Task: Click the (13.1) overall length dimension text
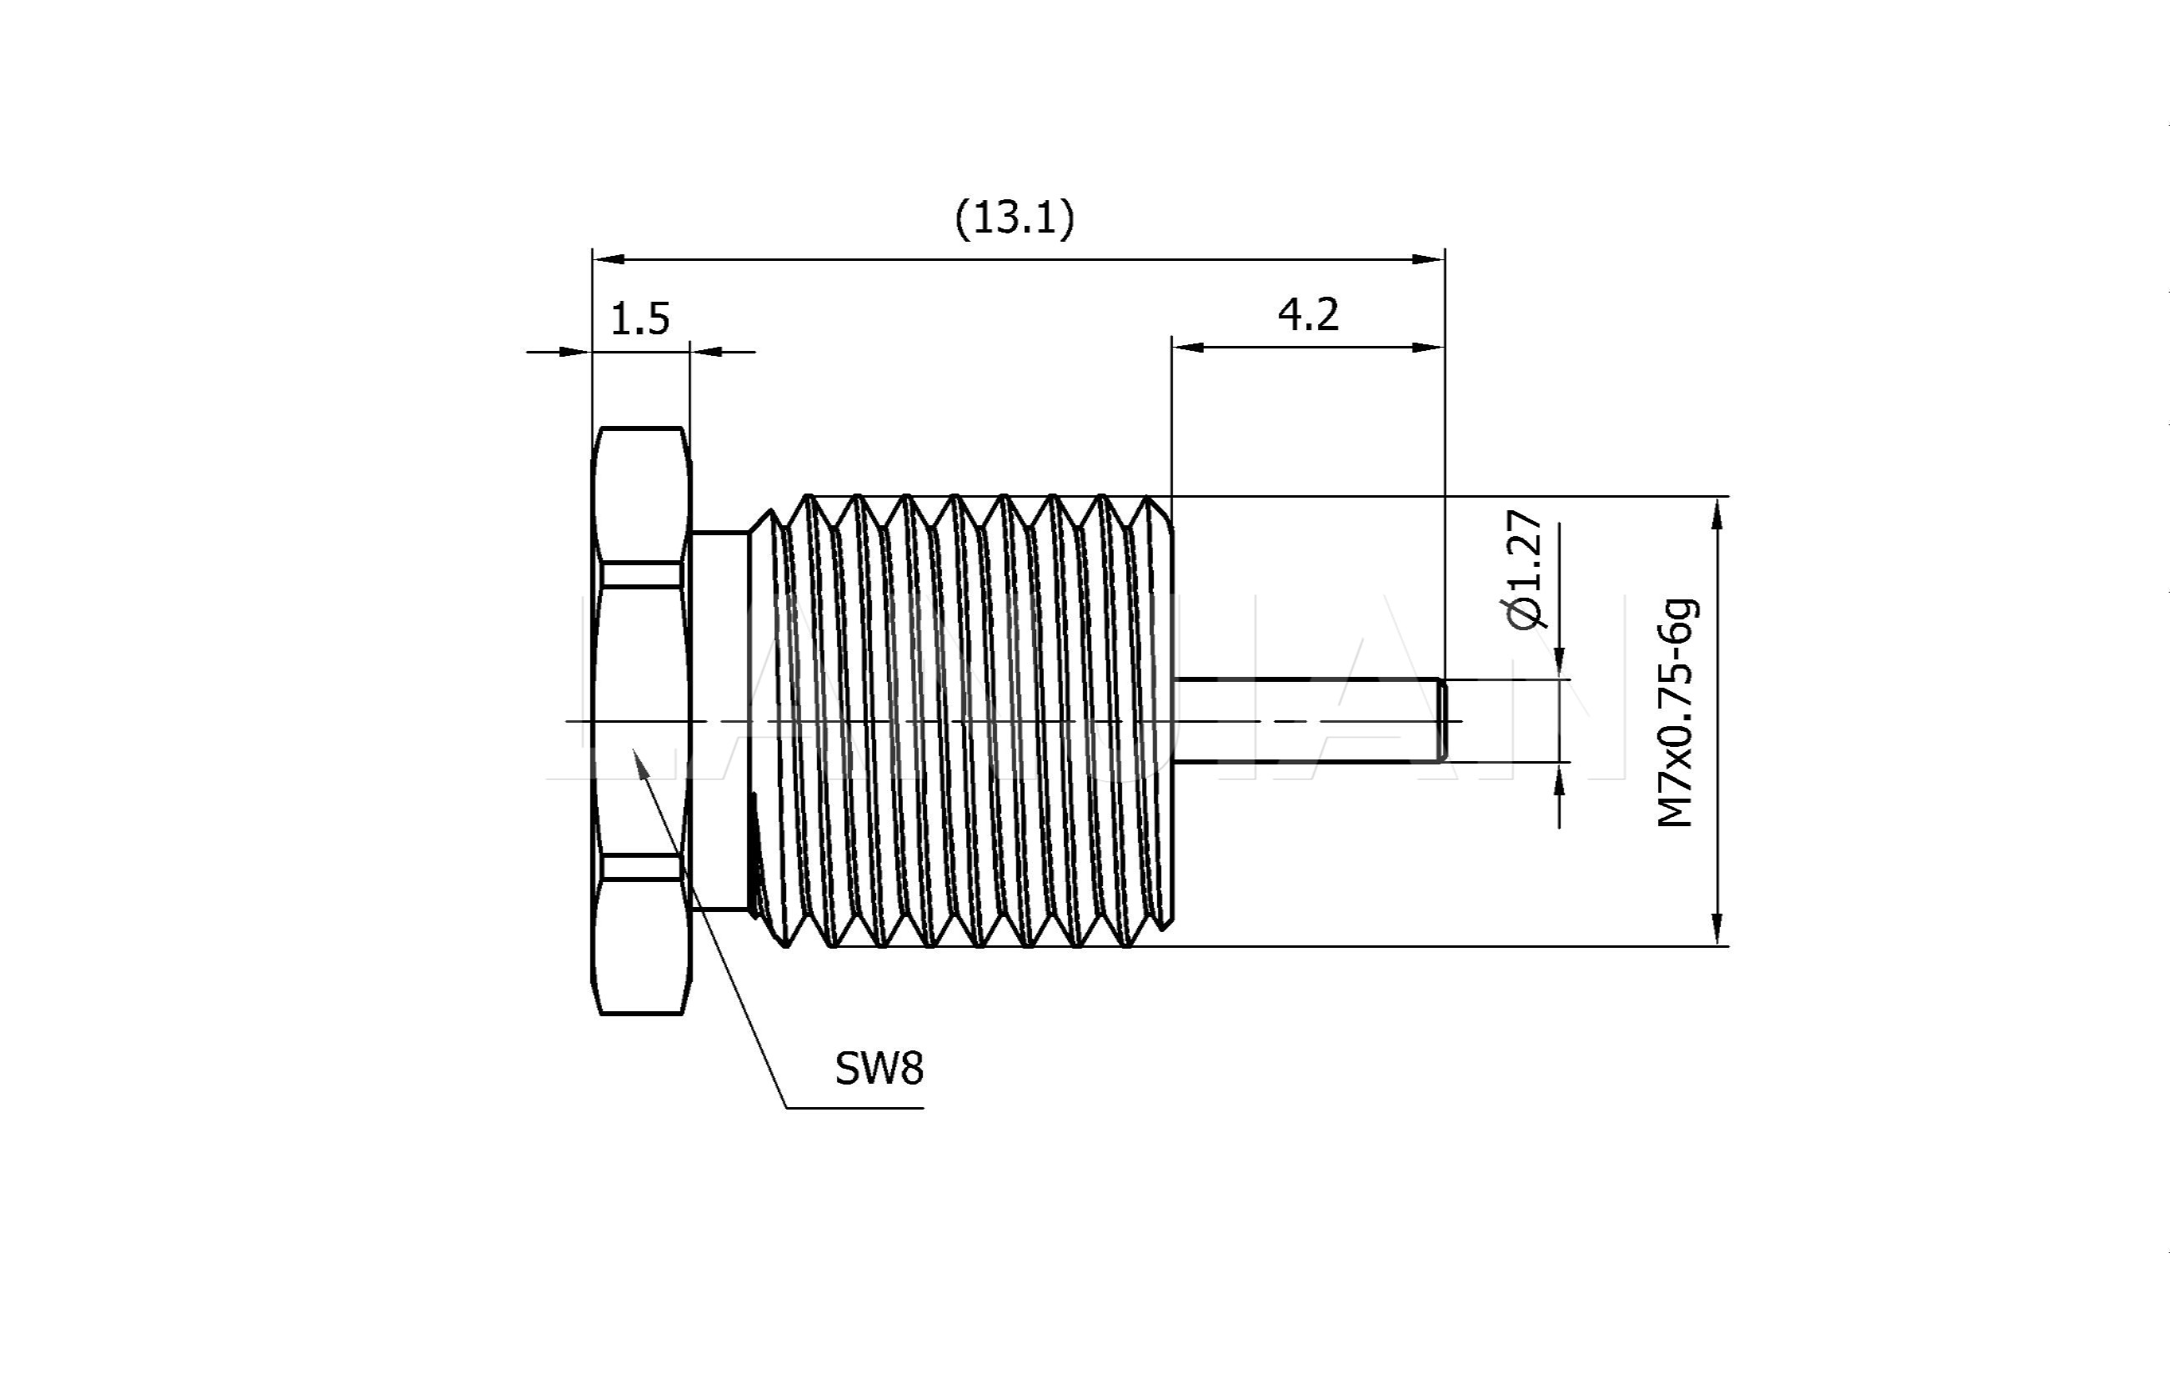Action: (x=1015, y=219)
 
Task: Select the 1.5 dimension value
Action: (x=639, y=319)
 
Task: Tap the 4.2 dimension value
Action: (x=1308, y=314)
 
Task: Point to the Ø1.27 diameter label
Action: (x=1524, y=570)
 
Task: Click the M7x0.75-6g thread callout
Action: (x=1676, y=712)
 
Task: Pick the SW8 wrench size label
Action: (x=879, y=1070)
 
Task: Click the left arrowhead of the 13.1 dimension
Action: (x=609, y=259)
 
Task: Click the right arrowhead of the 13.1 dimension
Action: (x=1428, y=259)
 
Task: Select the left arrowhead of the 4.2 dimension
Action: (x=1189, y=347)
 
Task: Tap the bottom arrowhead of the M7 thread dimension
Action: (x=1717, y=930)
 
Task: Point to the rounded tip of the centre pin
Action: (x=1442, y=720)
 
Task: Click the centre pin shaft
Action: (x=1306, y=720)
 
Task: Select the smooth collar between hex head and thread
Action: (x=720, y=721)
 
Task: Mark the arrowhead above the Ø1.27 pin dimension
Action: (x=1560, y=664)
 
